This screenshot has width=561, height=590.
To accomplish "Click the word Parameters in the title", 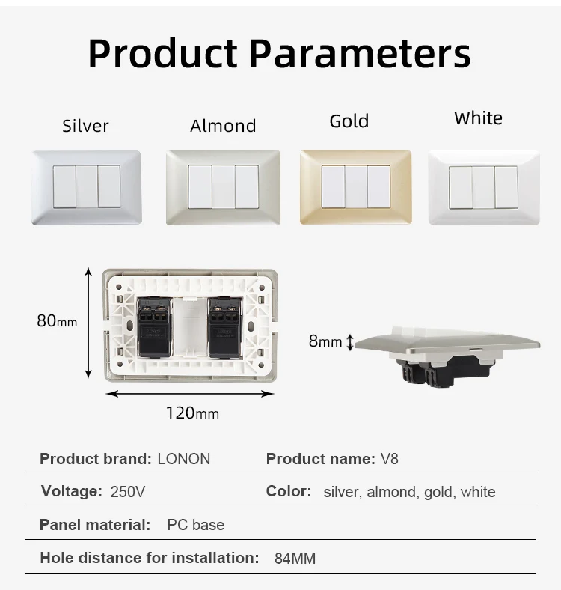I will click(359, 54).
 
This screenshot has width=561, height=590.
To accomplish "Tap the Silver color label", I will click(85, 126).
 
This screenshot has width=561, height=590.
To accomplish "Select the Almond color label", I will click(223, 126).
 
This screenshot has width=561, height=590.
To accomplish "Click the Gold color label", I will click(349, 121).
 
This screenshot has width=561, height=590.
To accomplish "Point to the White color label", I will click(478, 118).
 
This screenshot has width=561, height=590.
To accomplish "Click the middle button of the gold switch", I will click(355, 186).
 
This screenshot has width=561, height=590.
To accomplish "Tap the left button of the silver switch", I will click(64, 186).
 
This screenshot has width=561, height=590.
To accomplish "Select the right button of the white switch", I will click(506, 187).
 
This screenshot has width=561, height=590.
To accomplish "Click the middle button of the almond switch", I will click(223, 186).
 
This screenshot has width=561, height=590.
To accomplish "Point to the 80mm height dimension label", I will click(57, 321).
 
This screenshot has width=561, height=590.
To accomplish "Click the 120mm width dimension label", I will click(192, 413).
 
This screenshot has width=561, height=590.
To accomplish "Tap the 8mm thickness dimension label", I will click(325, 341).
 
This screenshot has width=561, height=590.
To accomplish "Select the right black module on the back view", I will click(224, 328).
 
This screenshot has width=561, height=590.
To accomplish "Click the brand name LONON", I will click(184, 459).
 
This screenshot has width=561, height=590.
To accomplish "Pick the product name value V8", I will click(390, 459).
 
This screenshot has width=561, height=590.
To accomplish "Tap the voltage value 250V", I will click(128, 492).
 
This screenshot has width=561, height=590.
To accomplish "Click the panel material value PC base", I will click(195, 525).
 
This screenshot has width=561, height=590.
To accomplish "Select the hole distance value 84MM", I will click(295, 558).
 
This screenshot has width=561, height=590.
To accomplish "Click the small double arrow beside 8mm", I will click(349, 342).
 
